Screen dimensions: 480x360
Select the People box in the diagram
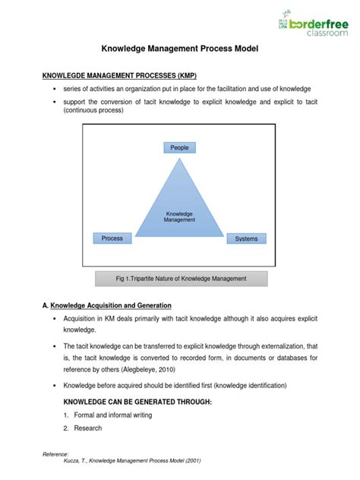tap(179, 147)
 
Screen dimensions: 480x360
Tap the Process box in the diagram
tap(112, 238)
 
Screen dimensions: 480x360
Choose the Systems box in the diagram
tap(246, 239)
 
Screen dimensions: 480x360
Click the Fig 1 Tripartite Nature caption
tap(181, 278)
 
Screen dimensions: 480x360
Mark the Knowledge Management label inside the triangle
tap(180, 217)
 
